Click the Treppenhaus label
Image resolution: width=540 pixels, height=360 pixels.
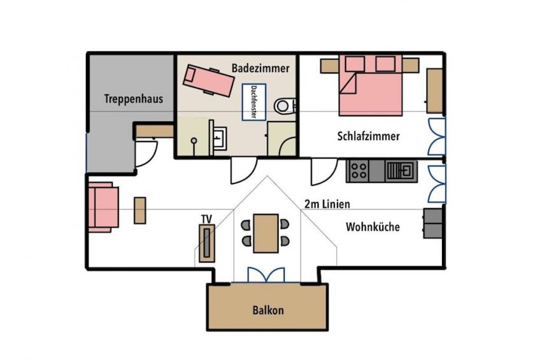(x=134, y=99)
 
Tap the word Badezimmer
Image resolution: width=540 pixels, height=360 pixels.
(x=260, y=68)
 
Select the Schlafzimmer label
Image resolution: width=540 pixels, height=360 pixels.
(x=369, y=136)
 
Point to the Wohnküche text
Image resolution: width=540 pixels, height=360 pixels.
(x=373, y=227)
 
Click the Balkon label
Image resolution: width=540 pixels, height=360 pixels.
(x=268, y=310)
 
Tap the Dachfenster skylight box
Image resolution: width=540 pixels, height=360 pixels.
(x=254, y=102)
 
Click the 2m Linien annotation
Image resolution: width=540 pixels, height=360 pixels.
(x=327, y=204)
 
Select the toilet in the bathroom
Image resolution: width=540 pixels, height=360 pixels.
(x=285, y=106)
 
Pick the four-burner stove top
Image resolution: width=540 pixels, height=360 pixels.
(x=358, y=171)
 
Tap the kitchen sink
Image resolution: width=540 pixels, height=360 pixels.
(x=401, y=171)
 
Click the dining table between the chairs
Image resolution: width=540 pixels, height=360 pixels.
(x=266, y=233)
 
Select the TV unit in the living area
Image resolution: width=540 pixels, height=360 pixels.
(x=206, y=243)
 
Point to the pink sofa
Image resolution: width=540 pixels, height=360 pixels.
(x=103, y=207)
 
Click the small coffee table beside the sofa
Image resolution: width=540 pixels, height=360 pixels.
(x=140, y=210)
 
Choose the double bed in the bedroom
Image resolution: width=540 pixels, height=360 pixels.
(x=371, y=85)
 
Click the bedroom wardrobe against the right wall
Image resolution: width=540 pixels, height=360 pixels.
(x=435, y=90)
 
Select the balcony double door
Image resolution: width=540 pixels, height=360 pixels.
(x=266, y=275)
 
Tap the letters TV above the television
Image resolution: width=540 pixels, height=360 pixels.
(x=206, y=219)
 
